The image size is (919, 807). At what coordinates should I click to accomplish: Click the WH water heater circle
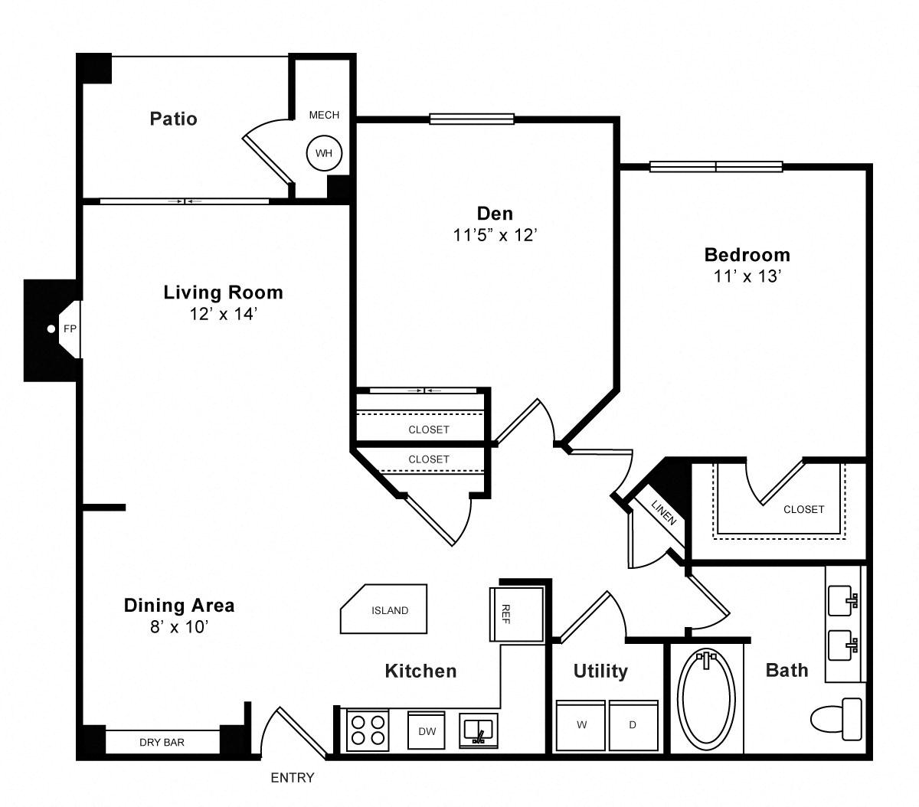pos(324,153)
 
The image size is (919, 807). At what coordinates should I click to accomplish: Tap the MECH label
pos(324,115)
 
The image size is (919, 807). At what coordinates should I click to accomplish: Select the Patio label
pos(174,119)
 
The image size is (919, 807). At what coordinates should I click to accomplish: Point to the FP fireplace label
pos(70,328)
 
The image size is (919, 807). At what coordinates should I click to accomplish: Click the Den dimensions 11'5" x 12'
pos(495,235)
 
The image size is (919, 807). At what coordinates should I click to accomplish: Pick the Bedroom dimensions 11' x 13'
pos(747,276)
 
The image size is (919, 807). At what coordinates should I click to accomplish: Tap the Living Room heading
pos(223,292)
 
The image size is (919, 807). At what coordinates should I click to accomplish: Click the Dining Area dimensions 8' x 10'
pos(179,627)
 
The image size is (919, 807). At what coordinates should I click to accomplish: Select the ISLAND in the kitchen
pos(384,609)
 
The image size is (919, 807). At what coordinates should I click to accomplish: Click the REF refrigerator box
pos(517,614)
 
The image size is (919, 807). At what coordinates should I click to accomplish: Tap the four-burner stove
pos(368,730)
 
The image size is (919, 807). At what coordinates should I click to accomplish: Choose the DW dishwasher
pos(427,730)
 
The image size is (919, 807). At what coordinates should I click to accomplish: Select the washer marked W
pos(581,725)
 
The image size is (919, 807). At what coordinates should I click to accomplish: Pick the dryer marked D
pos(633,725)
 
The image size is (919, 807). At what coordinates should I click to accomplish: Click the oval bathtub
pos(707,700)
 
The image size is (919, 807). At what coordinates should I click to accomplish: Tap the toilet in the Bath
pos(836,719)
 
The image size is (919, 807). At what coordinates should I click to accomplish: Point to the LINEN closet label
pos(664,512)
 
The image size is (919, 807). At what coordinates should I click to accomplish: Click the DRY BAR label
pos(162,742)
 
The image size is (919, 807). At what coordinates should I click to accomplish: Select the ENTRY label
pos(292,777)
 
